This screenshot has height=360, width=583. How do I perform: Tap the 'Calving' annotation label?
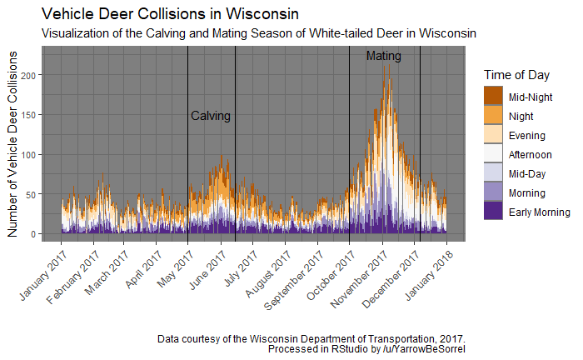[x=211, y=116]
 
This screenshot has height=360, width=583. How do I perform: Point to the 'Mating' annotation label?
[x=383, y=57]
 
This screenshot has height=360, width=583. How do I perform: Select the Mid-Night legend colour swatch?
[x=494, y=97]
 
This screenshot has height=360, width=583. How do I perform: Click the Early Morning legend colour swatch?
[x=494, y=212]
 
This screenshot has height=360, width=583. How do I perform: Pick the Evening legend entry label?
[x=526, y=136]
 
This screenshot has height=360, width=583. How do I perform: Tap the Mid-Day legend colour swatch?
[x=494, y=173]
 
